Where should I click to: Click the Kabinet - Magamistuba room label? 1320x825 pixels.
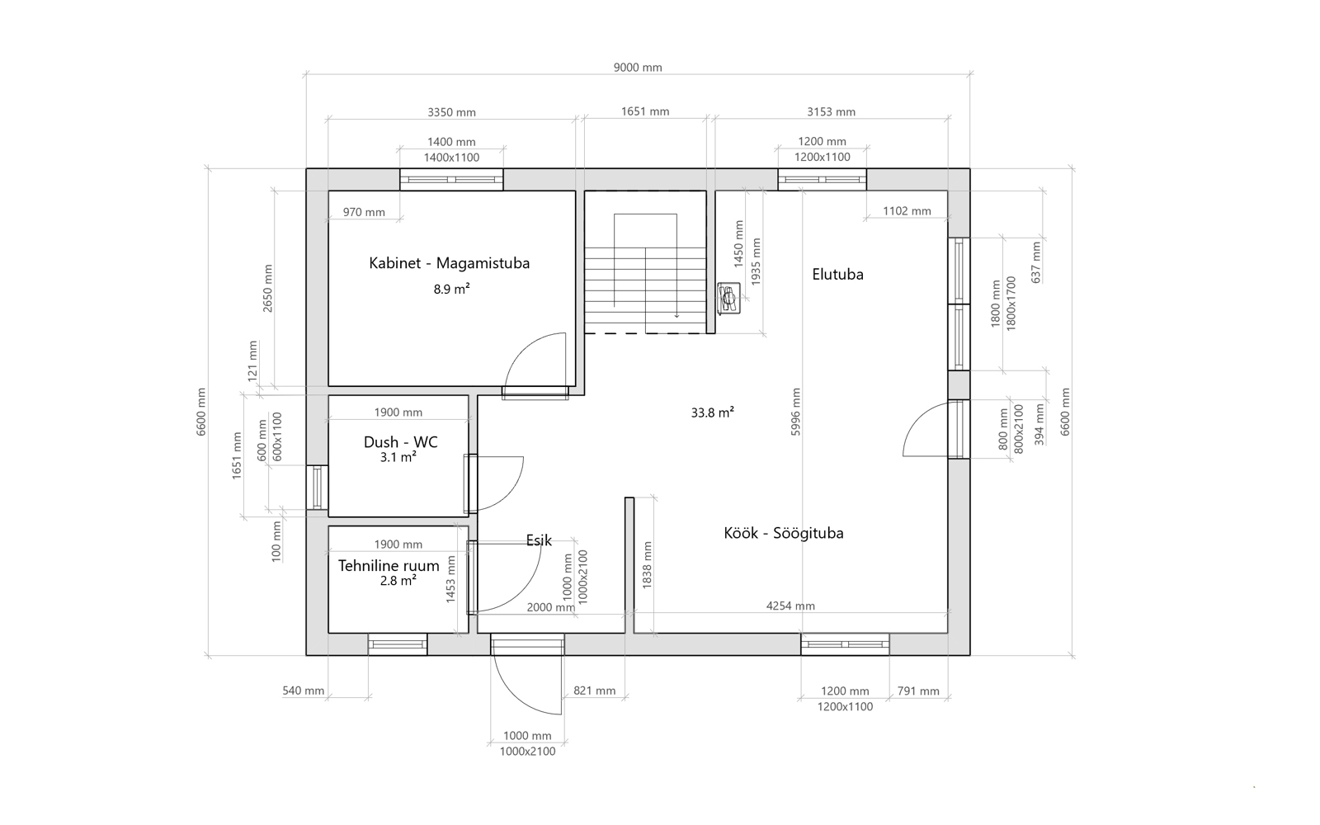click(449, 263)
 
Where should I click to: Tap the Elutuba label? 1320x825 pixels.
click(837, 274)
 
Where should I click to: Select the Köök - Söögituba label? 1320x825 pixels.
click(783, 533)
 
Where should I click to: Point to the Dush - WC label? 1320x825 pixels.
click(400, 442)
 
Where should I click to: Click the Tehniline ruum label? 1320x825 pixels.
click(389, 566)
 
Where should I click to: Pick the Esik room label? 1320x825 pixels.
click(539, 540)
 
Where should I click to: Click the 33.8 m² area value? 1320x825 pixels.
click(713, 412)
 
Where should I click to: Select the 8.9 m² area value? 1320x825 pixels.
click(451, 289)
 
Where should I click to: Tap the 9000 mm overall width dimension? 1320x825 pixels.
click(638, 67)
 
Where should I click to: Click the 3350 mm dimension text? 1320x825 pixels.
click(451, 112)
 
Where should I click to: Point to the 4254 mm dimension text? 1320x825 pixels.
click(790, 606)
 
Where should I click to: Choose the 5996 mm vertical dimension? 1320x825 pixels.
click(795, 412)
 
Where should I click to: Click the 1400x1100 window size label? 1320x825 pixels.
click(451, 158)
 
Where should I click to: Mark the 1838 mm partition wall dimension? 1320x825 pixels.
click(647, 565)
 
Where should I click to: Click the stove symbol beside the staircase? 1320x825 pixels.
click(729, 298)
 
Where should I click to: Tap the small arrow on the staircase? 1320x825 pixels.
click(676, 315)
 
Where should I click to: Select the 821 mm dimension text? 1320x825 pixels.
click(594, 691)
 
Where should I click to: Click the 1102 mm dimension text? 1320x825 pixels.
click(907, 211)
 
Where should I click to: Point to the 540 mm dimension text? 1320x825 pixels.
click(303, 691)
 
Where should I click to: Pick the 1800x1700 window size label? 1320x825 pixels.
click(1011, 304)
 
